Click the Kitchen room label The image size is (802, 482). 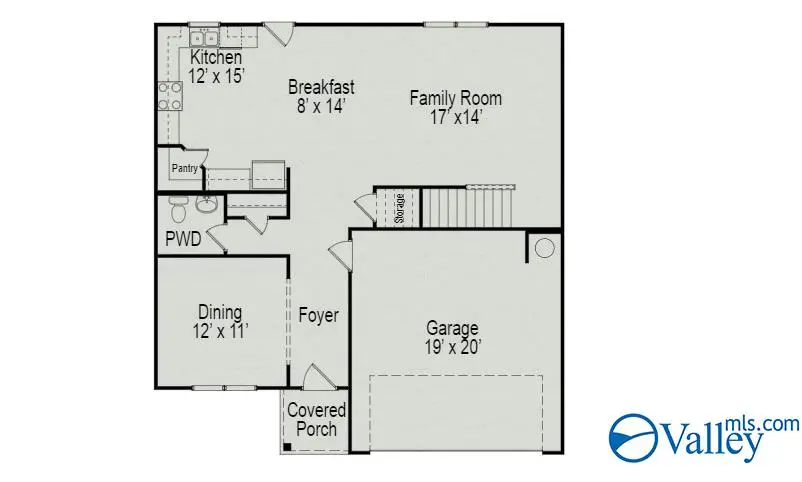pos(216,58)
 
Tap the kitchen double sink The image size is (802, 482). pos(205,38)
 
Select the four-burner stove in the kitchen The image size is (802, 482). pos(170,96)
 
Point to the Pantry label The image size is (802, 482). pos(184,169)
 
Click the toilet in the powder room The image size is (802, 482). pos(178,210)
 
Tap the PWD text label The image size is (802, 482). pos(183,239)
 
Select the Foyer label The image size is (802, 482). pos(318,315)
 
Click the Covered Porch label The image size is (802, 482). pos(316,420)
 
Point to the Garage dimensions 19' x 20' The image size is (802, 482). pos(452,347)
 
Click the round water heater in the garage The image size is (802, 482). pos(545,248)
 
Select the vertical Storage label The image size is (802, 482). pos(399,208)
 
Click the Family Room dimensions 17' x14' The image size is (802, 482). pos(455,116)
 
